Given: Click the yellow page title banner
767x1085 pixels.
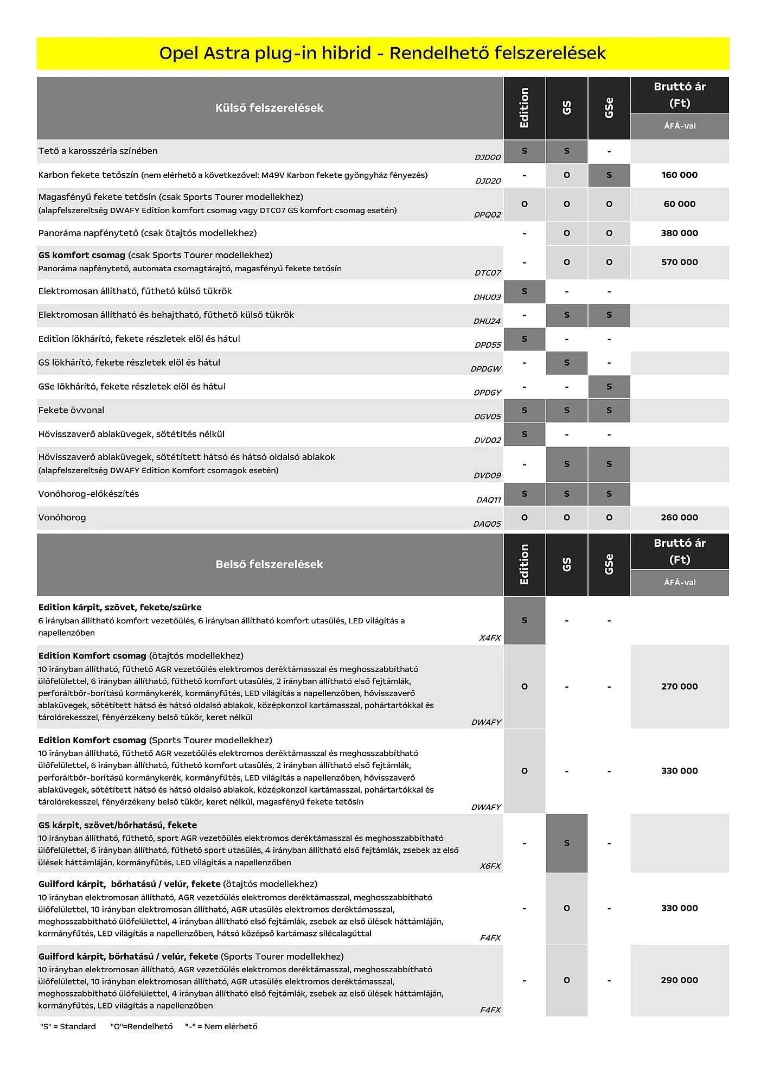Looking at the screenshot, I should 382,53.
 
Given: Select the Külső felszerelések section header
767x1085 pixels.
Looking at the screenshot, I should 270,108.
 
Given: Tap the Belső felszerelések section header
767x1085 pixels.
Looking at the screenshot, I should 270,564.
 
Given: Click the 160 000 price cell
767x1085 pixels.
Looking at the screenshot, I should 679,175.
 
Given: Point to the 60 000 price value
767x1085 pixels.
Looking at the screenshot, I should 679,204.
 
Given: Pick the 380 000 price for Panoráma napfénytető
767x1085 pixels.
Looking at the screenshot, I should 679,233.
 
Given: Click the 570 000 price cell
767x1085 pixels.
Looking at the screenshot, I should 679,262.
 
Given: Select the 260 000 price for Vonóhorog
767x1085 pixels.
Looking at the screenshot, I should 679,518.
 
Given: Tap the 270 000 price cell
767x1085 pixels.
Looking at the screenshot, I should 679,686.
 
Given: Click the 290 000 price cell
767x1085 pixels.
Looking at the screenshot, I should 679,980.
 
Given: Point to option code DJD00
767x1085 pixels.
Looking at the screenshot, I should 488,157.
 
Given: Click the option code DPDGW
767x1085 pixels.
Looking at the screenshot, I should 486,369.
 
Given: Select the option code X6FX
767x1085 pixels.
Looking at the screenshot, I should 490,866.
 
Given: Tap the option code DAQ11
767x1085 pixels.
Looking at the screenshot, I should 489,500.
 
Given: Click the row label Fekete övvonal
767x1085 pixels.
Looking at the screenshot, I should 71,410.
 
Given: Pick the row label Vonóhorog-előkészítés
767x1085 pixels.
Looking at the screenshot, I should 88,494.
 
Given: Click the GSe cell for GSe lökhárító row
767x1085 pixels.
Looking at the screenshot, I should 609,387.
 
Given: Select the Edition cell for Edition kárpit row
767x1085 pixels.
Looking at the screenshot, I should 524,620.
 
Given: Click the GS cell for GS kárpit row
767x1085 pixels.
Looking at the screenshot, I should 566,843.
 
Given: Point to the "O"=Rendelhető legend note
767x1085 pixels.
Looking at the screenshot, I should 141,1026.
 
